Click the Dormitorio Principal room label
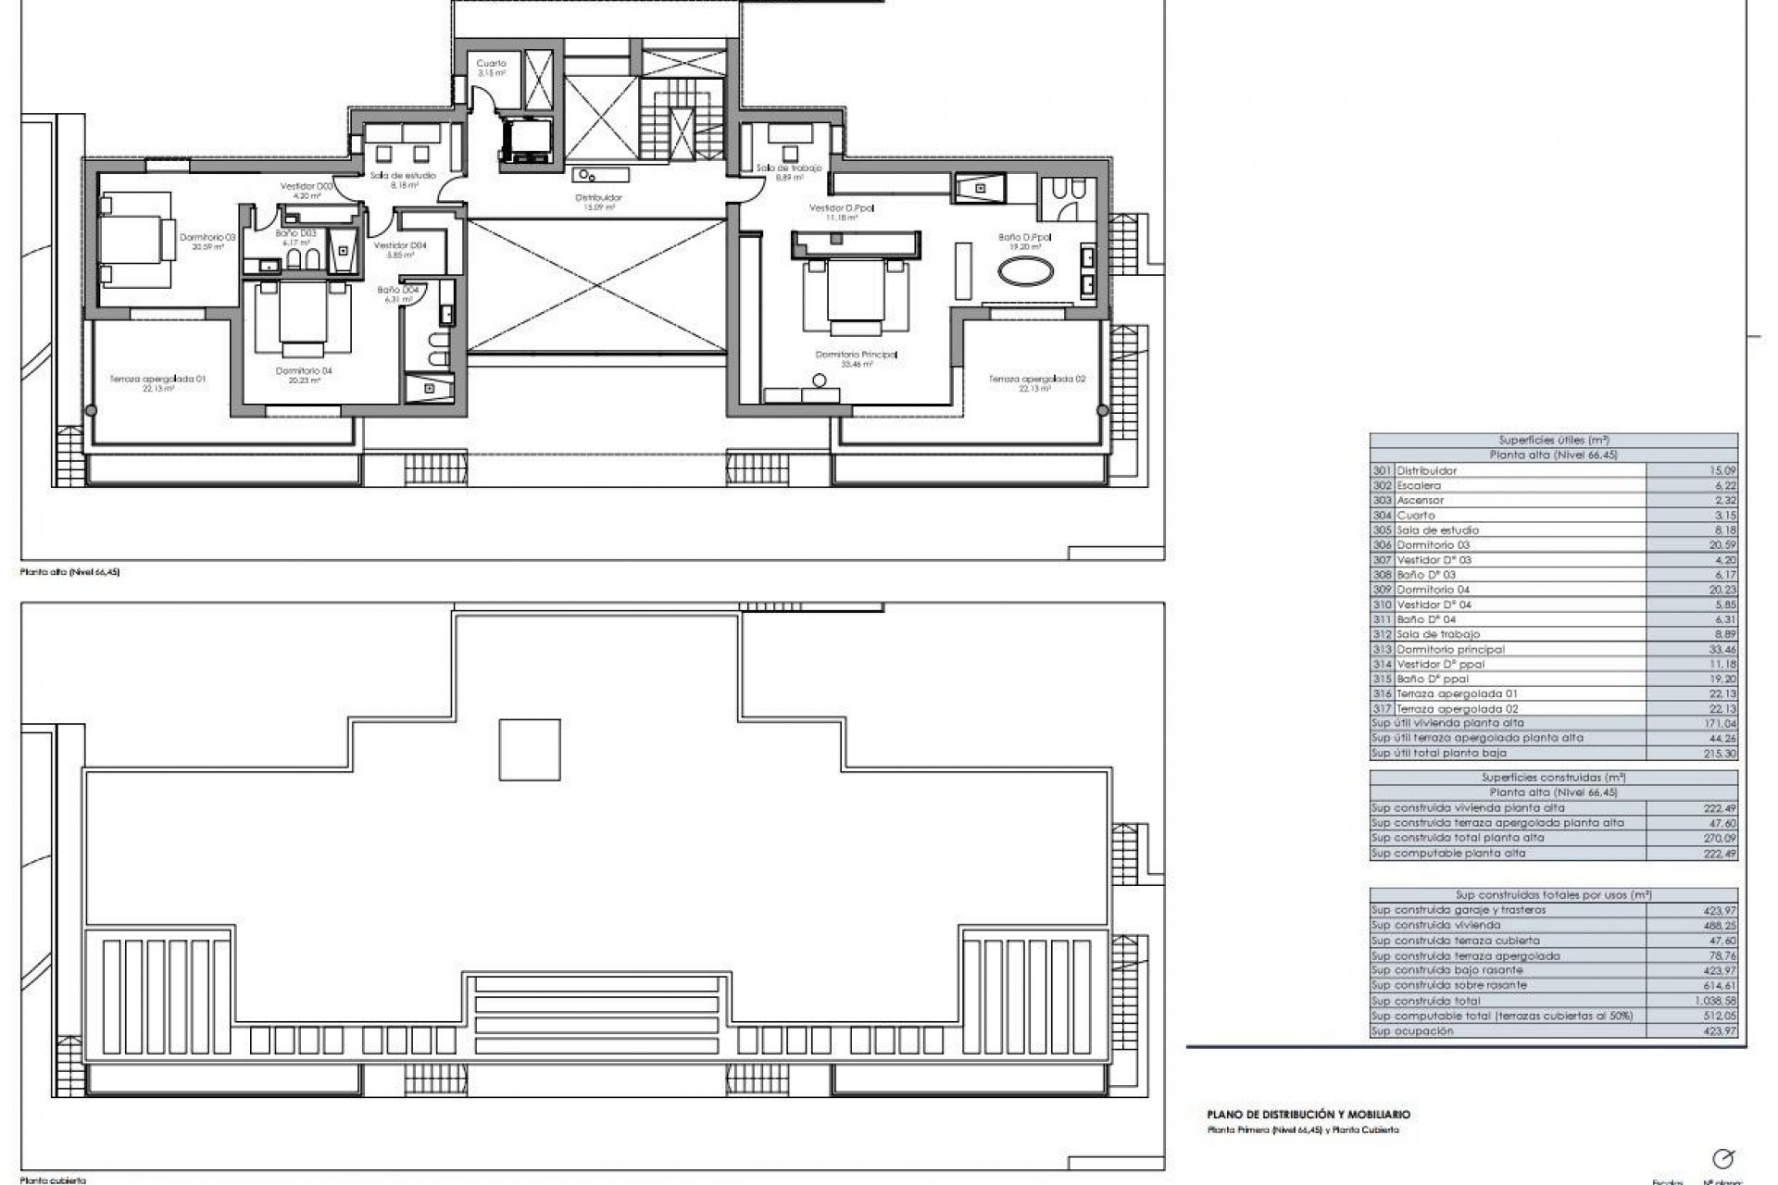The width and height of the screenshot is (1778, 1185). tap(856, 355)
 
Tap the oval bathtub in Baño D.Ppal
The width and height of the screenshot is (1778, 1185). tap(1024, 274)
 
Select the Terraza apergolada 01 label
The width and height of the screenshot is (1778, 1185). tap(144, 379)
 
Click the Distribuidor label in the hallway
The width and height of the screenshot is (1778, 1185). tap(598, 197)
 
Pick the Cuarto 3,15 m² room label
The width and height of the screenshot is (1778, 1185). tap(491, 64)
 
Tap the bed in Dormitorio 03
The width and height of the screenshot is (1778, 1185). tap(136, 237)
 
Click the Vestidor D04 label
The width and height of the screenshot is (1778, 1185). tap(400, 245)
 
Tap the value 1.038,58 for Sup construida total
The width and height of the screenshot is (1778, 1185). tap(1716, 1001)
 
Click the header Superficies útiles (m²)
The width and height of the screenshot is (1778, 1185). tap(1553, 441)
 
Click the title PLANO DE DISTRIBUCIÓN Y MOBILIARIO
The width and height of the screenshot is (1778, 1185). tap(1308, 1116)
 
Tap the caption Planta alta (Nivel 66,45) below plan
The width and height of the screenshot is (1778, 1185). tap(70, 572)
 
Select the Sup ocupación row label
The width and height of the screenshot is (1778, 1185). tap(1412, 1030)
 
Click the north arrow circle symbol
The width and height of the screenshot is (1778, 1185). tap(1723, 1157)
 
